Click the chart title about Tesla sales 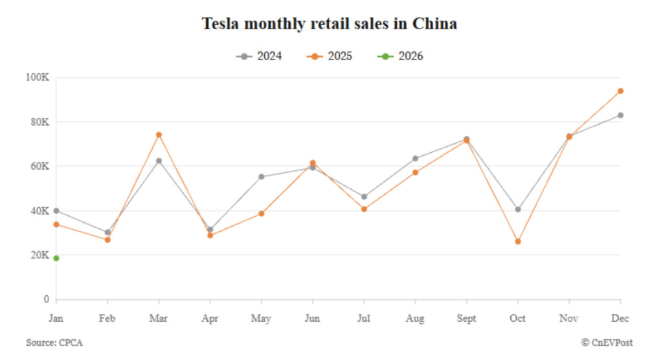(x=330, y=24)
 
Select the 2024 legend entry (x=259, y=56)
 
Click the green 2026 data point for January (x=56, y=258)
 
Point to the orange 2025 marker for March (x=159, y=135)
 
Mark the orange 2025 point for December (x=620, y=91)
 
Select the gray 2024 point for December (x=620, y=115)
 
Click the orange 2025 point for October (x=518, y=242)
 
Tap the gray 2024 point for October (x=518, y=209)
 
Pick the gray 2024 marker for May (x=262, y=177)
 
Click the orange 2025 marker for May (x=262, y=214)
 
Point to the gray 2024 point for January (x=56, y=210)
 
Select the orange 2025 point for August (x=415, y=172)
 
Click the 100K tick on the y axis (x=37, y=78)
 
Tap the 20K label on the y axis (x=39, y=255)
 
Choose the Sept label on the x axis (x=466, y=319)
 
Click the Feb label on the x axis (x=107, y=319)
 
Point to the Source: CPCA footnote (x=54, y=343)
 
